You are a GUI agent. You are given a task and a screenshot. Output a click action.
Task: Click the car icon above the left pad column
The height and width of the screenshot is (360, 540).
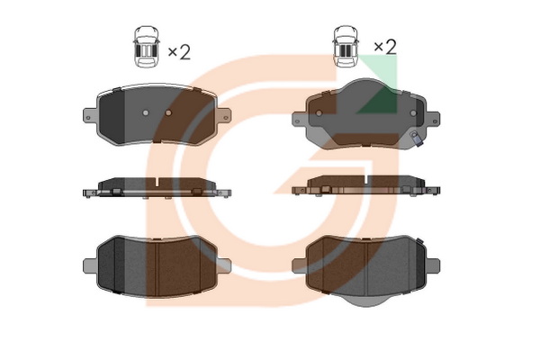[x=147, y=46]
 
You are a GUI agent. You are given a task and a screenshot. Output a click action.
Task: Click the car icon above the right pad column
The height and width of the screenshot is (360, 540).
[x=346, y=46]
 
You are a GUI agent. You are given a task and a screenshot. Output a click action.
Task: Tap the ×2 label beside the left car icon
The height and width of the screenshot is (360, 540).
[x=179, y=52]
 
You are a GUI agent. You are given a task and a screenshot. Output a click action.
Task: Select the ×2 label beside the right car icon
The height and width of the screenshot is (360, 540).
[x=385, y=47]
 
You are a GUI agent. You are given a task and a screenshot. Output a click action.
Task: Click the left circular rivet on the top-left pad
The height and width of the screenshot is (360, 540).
[x=145, y=112]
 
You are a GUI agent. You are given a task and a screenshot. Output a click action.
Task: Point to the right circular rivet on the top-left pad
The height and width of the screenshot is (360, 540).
[x=168, y=112]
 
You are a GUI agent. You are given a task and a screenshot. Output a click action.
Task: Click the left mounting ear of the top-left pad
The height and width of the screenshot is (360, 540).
[x=90, y=115]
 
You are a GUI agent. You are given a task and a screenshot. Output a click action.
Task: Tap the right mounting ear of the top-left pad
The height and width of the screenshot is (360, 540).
[x=223, y=115]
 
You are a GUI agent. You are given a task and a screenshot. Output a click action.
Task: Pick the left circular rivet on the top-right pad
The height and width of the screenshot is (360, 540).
[x=319, y=113]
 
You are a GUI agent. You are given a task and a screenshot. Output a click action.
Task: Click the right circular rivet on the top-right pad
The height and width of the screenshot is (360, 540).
[x=413, y=113]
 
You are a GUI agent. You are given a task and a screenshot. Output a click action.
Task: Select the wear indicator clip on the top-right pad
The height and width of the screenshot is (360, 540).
[x=416, y=138]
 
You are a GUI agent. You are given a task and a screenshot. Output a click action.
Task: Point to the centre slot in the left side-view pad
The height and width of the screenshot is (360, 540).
[x=157, y=182]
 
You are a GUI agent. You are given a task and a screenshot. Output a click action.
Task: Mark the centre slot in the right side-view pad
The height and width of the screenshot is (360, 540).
[x=365, y=179]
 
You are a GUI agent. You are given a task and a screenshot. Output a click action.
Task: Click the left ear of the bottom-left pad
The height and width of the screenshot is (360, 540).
[x=90, y=265]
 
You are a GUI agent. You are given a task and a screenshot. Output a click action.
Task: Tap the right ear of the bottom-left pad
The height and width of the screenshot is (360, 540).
[x=224, y=265]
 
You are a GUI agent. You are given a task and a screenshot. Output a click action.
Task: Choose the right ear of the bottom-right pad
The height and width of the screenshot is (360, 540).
[x=433, y=265]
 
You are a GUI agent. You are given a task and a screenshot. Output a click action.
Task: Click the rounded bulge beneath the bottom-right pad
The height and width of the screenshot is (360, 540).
[x=365, y=301]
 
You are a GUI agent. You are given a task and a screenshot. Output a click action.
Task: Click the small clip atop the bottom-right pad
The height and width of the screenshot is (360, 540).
[x=419, y=241]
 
